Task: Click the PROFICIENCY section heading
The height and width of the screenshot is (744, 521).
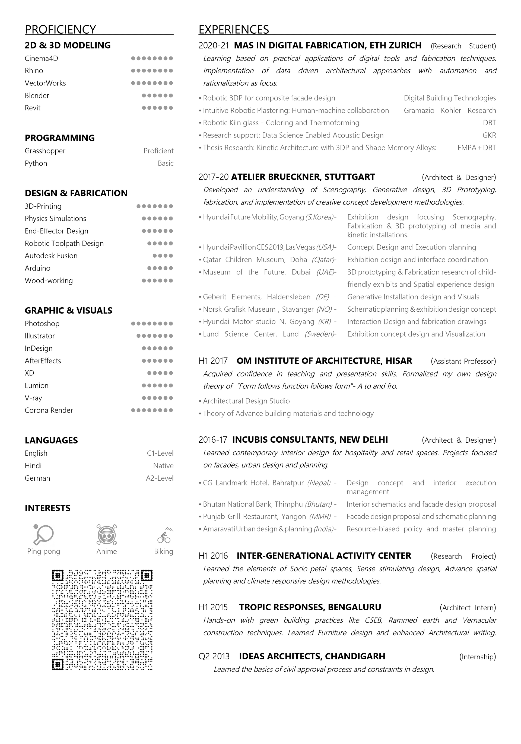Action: [x=60, y=30]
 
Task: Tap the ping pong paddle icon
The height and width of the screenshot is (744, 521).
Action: [x=43, y=534]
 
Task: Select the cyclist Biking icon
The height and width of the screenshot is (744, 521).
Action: [x=164, y=535]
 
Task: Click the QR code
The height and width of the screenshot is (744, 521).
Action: [x=102, y=620]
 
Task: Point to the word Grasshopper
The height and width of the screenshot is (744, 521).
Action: [x=45, y=151]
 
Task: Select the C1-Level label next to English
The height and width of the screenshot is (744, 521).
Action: [x=160, y=453]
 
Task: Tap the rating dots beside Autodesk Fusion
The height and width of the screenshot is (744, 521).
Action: [x=163, y=256]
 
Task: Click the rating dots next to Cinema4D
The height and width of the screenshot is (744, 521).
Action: [x=152, y=59]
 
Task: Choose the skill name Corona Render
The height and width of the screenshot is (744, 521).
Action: [x=49, y=410]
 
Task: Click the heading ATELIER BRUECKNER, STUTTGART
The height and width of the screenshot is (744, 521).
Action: [x=303, y=177]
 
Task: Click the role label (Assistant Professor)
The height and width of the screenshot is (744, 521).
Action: [x=463, y=361]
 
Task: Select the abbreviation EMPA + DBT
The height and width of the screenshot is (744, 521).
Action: [x=476, y=148]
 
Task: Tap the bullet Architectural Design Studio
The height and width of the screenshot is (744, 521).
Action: [x=246, y=401]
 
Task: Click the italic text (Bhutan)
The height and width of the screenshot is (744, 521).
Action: [x=318, y=504]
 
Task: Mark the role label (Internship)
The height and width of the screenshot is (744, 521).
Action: [x=477, y=657]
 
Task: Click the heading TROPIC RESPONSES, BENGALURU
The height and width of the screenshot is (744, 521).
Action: [x=310, y=607]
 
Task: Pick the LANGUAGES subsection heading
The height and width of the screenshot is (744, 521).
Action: [x=51, y=440]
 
